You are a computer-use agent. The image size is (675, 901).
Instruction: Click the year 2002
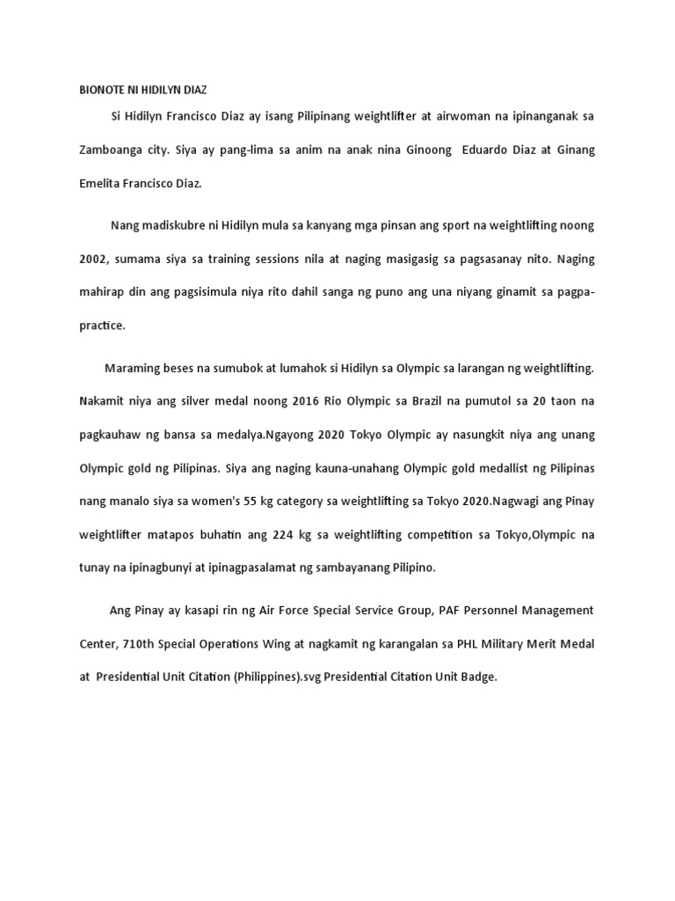click(91, 259)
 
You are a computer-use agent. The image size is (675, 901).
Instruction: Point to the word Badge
click(477, 678)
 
